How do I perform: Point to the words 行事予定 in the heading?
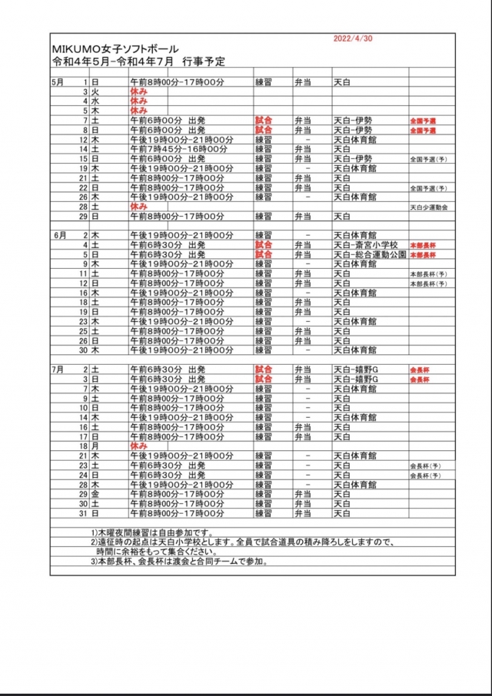(x=201, y=60)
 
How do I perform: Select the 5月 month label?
(x=58, y=81)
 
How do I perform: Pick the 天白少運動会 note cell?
(x=429, y=207)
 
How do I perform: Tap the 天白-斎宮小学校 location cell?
(x=365, y=245)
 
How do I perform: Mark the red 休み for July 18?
(x=138, y=446)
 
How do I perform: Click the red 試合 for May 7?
(x=264, y=121)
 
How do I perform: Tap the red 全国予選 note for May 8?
(x=424, y=131)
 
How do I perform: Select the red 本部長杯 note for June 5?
(x=422, y=255)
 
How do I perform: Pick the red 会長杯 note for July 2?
(x=420, y=370)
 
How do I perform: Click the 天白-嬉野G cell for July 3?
(x=356, y=379)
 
